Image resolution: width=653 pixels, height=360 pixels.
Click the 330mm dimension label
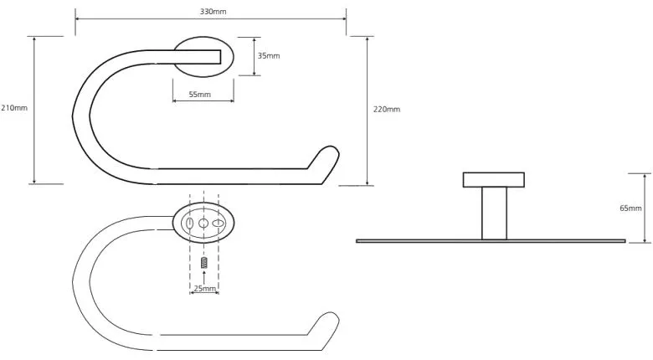(x=213, y=12)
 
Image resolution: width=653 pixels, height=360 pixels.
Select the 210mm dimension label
(x=14, y=108)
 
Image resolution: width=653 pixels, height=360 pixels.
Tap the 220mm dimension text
(x=387, y=110)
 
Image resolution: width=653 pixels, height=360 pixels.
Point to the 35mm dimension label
(x=269, y=56)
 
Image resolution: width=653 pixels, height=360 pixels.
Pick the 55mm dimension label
(x=200, y=95)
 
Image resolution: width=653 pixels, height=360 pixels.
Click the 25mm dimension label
(x=204, y=288)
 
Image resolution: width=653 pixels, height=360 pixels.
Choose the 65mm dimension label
(x=630, y=208)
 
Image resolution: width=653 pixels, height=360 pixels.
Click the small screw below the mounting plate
(x=203, y=263)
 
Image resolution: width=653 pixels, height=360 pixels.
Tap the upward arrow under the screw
(x=203, y=277)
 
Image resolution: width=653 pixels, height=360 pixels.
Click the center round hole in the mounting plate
(x=203, y=224)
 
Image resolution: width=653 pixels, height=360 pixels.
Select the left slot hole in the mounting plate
(x=189, y=224)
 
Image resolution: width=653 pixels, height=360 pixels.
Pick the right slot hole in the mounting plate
(x=218, y=224)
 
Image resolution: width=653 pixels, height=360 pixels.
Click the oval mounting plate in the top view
(x=203, y=57)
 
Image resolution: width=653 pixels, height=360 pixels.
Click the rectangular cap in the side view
(x=493, y=180)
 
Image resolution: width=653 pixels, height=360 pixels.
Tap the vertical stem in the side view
(x=494, y=213)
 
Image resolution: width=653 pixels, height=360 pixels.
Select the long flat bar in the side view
(x=491, y=241)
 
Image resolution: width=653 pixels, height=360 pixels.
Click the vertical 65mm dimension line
(x=645, y=208)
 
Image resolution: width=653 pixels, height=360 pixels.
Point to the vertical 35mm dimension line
(x=254, y=56)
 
